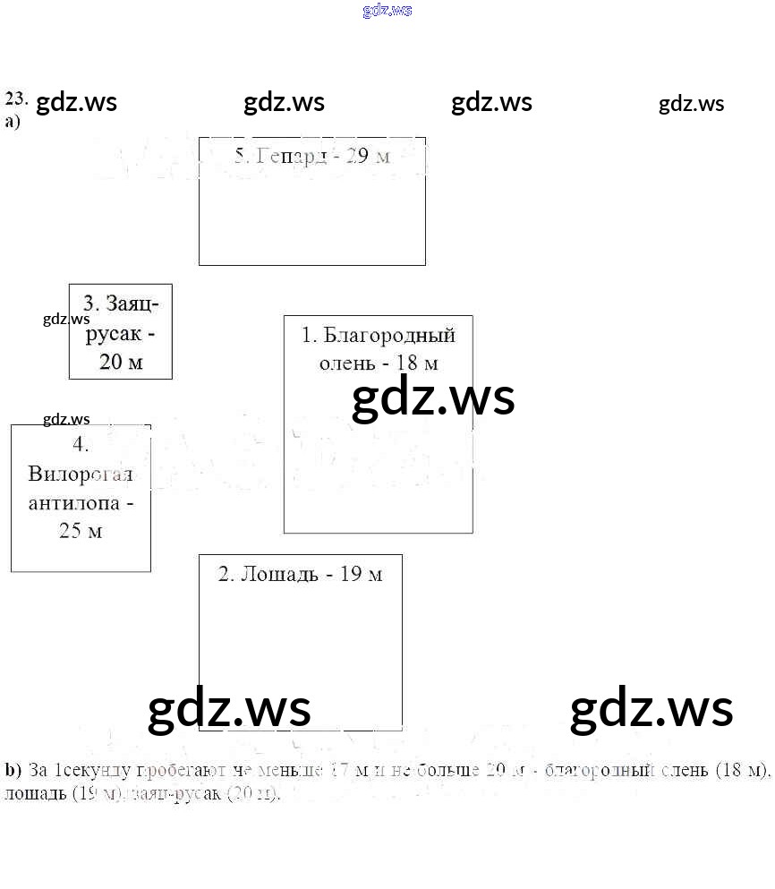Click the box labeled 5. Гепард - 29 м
pyautogui.click(x=311, y=201)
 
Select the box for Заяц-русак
pyautogui.click(x=120, y=331)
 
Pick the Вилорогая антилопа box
pyautogui.click(x=81, y=498)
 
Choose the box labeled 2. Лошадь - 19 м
pyautogui.click(x=300, y=642)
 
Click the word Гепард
pyautogui.click(x=291, y=156)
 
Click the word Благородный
pyautogui.click(x=389, y=336)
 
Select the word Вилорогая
pyautogui.click(x=81, y=474)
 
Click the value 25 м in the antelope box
pyautogui.click(x=81, y=531)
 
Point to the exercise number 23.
pyautogui.click(x=16, y=98)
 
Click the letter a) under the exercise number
pyautogui.click(x=13, y=122)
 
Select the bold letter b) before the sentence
pyautogui.click(x=13, y=770)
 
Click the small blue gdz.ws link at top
pyautogui.click(x=387, y=11)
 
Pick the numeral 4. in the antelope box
pyautogui.click(x=81, y=445)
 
